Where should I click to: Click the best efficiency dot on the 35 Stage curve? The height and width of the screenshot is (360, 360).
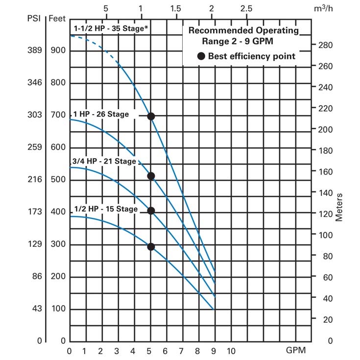pos(151,116)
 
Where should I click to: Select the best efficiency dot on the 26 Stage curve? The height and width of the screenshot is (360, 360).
pos(151,176)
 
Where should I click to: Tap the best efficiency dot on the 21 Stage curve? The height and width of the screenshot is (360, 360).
pos(151,211)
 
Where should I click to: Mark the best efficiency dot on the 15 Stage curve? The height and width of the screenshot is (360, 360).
pos(151,246)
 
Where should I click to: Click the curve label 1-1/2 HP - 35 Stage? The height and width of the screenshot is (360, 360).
pos(111,28)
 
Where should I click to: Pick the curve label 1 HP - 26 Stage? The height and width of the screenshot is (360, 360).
pos(101,114)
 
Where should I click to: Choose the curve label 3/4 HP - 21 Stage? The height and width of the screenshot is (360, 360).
pos(103,161)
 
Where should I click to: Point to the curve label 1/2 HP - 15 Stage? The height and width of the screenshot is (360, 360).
pos(105,209)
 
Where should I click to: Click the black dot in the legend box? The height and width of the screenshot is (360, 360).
pos(201,56)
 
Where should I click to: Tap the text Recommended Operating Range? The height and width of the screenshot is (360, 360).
pos(247,36)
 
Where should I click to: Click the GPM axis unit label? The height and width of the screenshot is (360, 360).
pos(296,351)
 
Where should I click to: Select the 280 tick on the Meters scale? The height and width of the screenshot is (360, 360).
pos(326,45)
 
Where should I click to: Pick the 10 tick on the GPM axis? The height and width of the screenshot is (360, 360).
pos(231,351)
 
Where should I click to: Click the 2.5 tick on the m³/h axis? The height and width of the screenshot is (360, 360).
pos(246,9)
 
